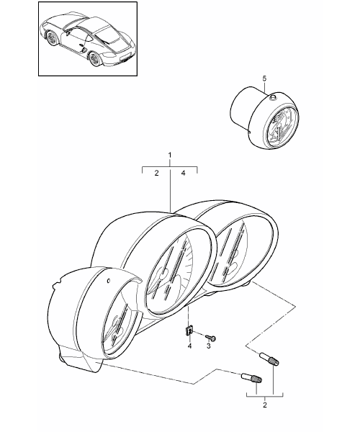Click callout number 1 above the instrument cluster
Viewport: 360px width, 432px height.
click(170, 155)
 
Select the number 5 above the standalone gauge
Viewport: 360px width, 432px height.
click(264, 78)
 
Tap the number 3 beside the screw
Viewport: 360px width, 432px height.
click(209, 346)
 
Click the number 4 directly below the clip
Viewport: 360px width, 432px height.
click(189, 346)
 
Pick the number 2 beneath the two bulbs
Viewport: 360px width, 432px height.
click(265, 405)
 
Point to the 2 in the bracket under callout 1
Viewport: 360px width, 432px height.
click(156, 174)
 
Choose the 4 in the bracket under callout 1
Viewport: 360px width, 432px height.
click(183, 173)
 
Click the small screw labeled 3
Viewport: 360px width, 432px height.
click(211, 338)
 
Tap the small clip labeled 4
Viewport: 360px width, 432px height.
click(189, 330)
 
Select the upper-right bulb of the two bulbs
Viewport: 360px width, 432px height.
click(270, 359)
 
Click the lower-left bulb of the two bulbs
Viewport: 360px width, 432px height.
click(251, 378)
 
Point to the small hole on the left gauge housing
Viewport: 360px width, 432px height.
click(109, 281)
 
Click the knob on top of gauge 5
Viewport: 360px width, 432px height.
click(273, 97)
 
